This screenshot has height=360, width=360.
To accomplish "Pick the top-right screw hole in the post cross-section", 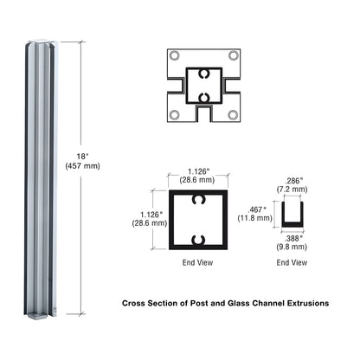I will click(234, 56).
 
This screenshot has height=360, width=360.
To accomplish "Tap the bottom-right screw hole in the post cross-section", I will click(234, 114).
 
